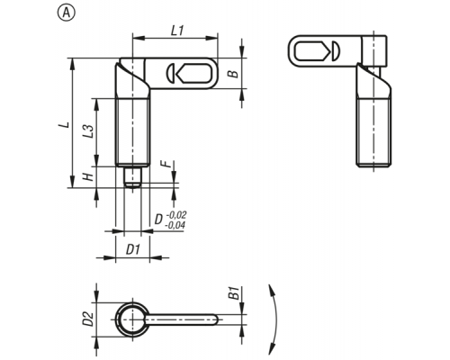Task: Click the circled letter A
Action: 67,13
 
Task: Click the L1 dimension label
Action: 177,31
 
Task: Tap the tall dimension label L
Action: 66,124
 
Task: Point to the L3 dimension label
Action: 88,131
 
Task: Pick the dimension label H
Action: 88,177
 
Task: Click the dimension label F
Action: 166,164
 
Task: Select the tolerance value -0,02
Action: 175,215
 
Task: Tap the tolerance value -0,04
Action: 175,225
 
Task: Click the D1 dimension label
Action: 133,249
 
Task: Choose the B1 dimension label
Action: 234,293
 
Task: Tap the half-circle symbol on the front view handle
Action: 171,73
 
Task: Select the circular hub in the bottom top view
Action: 132,319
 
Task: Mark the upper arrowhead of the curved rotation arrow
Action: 271,290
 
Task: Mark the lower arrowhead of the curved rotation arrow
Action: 271,348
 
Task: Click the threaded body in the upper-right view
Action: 373,132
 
